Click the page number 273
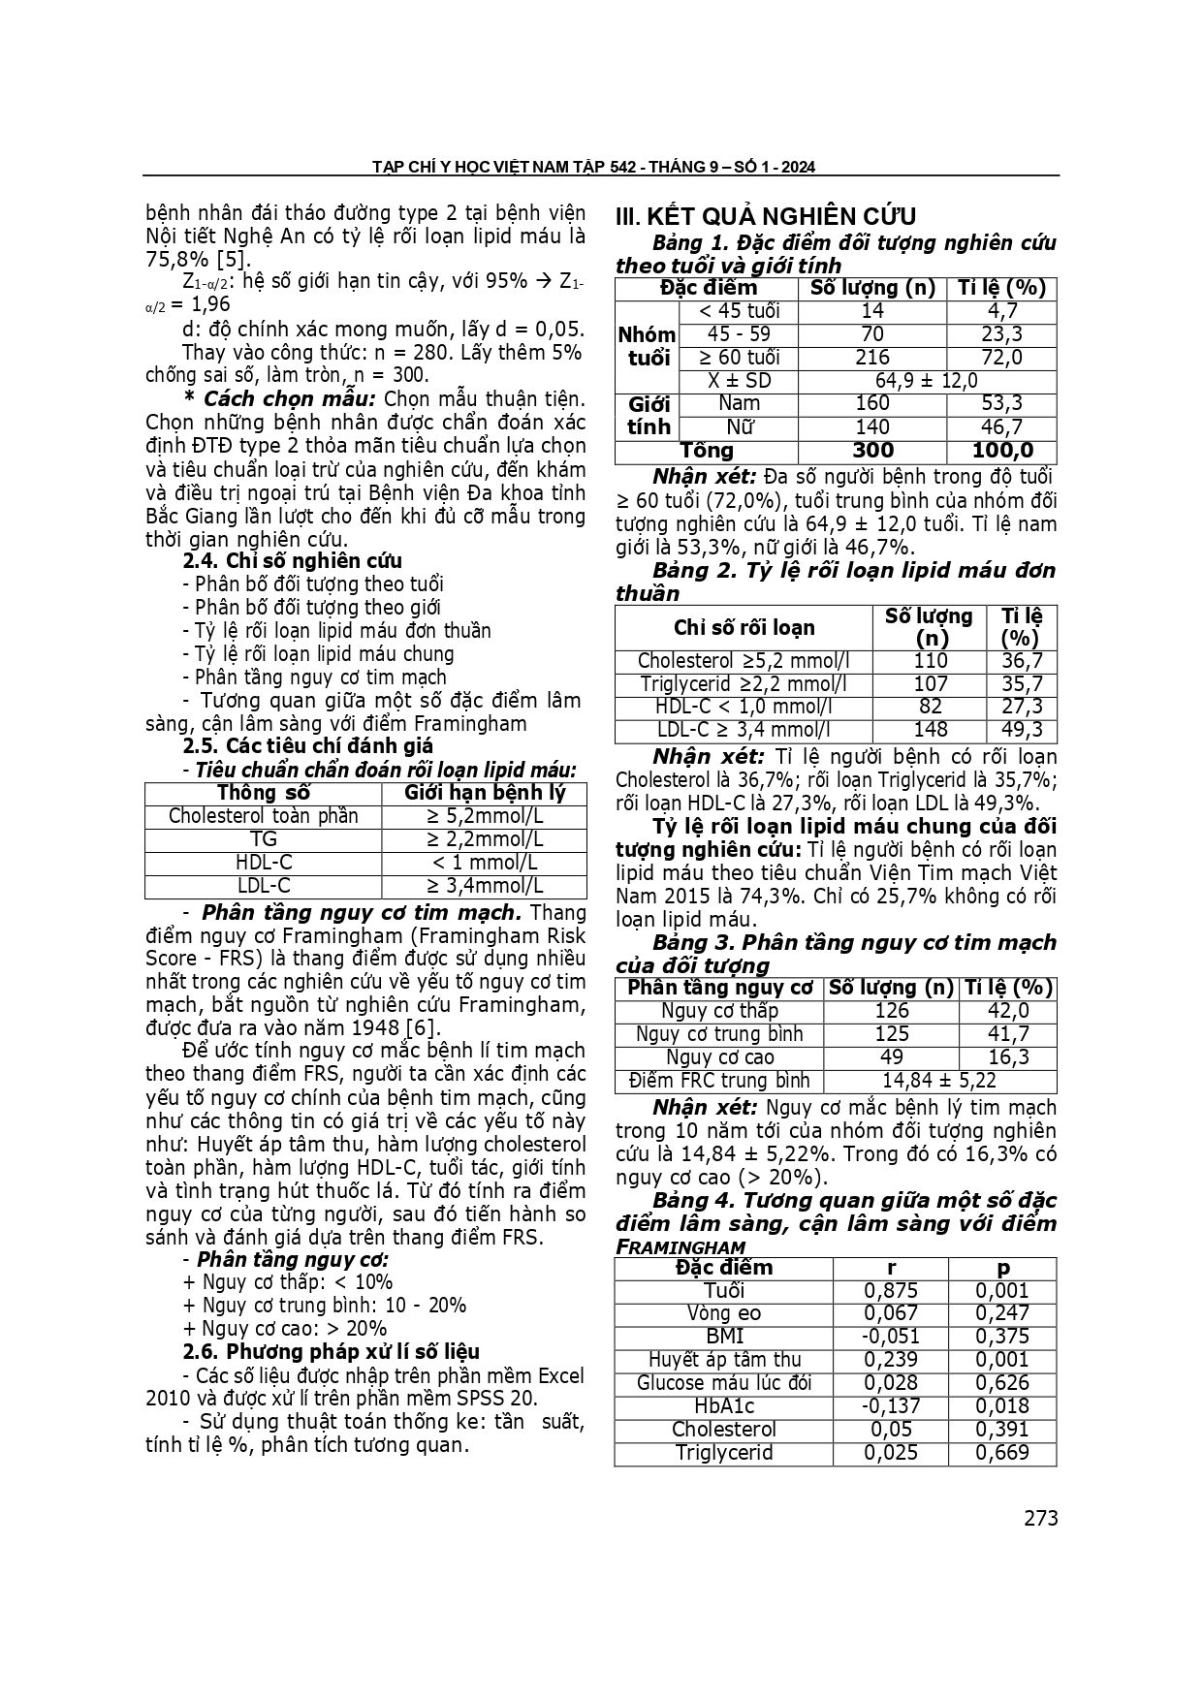(1040, 1518)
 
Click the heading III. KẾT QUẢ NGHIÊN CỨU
(766, 216)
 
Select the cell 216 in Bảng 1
(872, 358)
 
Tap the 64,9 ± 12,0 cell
(926, 381)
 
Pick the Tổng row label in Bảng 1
(707, 451)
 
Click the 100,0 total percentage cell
(1001, 451)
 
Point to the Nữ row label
(739, 427)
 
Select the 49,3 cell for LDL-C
(1022, 731)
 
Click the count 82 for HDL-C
(930, 708)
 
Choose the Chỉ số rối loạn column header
(744, 627)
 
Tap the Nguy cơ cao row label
(719, 1057)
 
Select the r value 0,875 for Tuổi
(891, 1291)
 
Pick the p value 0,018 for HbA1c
(1002, 1406)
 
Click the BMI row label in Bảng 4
(724, 1337)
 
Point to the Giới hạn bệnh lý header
(485, 793)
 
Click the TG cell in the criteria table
(264, 839)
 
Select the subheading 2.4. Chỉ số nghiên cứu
(292, 560)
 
